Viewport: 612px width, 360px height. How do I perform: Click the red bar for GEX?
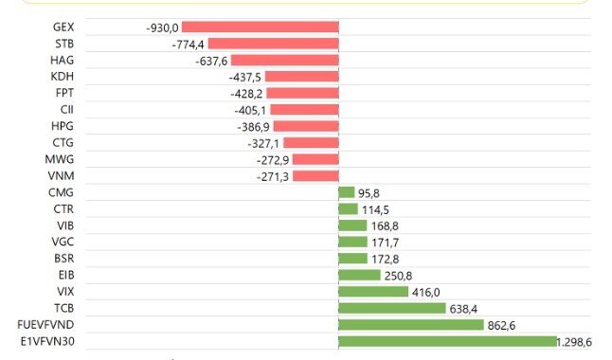click(260, 27)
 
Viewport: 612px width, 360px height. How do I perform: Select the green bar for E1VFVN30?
click(448, 341)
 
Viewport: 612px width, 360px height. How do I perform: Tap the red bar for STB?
click(273, 44)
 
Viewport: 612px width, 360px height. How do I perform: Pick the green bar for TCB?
click(392, 308)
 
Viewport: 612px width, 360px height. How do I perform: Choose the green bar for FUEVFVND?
click(411, 324)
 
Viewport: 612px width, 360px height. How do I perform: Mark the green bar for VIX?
click(373, 292)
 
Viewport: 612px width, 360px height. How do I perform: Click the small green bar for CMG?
click(346, 192)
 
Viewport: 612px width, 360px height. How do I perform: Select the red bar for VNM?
click(315, 176)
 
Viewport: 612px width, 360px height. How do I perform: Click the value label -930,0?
click(162, 28)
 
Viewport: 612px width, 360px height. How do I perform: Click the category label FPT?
click(65, 93)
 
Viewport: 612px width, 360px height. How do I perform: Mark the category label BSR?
click(64, 259)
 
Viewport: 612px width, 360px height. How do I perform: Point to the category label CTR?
click(64, 209)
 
